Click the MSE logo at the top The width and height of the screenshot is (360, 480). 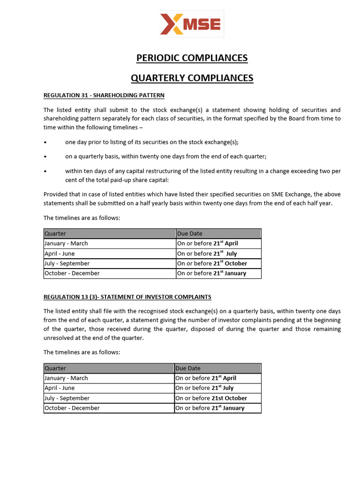tap(191, 24)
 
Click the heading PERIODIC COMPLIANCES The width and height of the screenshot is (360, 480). tap(192, 58)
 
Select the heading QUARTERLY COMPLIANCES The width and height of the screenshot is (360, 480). tap(192, 78)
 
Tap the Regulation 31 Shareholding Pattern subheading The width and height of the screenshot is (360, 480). tap(104, 95)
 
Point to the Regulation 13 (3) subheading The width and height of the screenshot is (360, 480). tap(127, 297)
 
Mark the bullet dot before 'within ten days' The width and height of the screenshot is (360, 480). tap(45, 172)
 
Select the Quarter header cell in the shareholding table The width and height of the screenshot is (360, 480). tap(55, 233)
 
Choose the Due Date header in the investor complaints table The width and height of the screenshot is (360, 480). tap(188, 368)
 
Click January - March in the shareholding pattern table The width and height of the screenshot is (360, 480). tap(66, 243)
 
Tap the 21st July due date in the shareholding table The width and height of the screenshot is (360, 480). tap(225, 254)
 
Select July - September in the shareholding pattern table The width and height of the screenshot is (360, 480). tap(67, 263)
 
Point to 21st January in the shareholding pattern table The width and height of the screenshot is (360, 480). tap(230, 273)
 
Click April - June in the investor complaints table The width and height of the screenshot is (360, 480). tap(60, 388)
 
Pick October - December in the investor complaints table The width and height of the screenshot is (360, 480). tap(72, 408)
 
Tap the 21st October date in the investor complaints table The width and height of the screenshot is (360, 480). tap(229, 398)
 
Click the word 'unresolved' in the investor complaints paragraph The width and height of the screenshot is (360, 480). tap(59, 337)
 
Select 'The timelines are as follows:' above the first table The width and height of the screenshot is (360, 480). tap(82, 217)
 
